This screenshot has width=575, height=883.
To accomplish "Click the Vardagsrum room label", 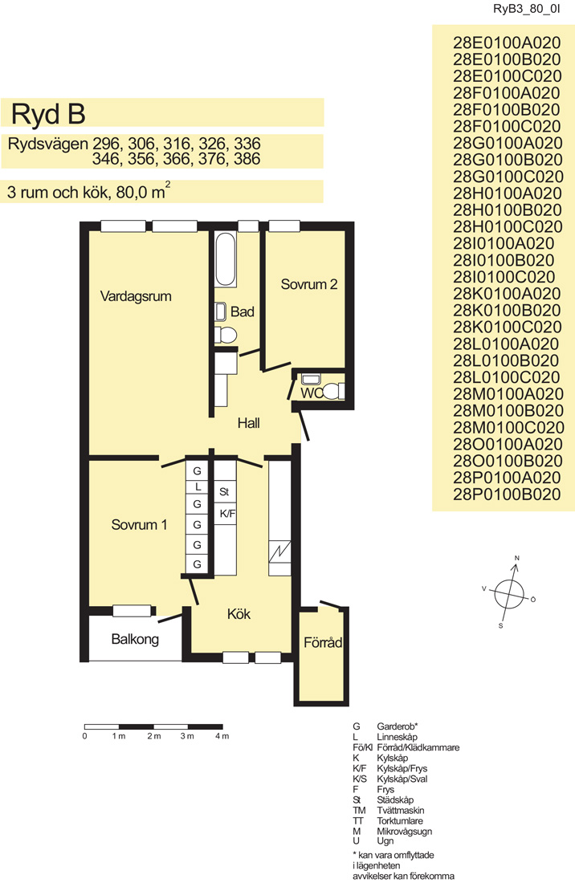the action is (136, 296).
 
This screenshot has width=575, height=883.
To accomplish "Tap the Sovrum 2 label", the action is (309, 284).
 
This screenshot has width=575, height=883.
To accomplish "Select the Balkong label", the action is (135, 639).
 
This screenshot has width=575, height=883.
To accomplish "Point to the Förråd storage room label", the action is (323, 642).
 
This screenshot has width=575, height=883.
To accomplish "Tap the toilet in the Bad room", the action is (226, 335).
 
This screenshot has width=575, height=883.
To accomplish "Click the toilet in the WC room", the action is (333, 390).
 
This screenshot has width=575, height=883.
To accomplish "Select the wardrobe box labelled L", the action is (197, 486).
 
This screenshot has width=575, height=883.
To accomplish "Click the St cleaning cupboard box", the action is (226, 491).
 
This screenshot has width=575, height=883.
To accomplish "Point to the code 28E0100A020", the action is (507, 43).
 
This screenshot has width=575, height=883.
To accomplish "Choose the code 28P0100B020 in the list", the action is (507, 494).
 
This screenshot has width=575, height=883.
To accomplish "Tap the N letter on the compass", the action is (517, 558).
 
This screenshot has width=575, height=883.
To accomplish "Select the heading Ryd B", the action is (48, 114).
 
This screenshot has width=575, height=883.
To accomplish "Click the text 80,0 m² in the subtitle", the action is (143, 192).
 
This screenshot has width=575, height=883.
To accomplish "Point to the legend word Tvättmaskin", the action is (401, 811).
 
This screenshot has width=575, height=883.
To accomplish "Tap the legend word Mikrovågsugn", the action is (405, 831).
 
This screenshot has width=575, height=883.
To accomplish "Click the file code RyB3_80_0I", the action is (526, 9).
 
